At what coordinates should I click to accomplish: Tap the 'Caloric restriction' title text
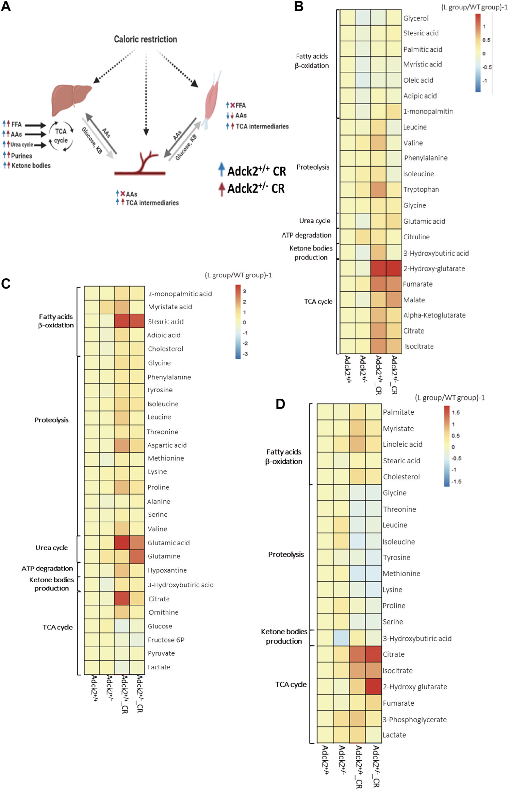[145, 39]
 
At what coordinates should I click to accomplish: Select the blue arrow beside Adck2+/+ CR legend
[221, 170]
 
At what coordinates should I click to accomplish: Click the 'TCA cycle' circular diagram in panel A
[61, 136]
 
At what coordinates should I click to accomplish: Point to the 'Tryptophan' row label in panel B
[421, 190]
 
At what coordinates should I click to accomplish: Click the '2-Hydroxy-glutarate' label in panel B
[434, 269]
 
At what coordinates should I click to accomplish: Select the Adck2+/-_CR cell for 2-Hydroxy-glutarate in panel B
[394, 268]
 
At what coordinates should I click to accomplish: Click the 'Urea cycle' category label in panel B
[315, 221]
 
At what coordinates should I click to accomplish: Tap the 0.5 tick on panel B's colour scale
[486, 40]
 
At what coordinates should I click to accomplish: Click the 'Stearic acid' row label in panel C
[166, 321]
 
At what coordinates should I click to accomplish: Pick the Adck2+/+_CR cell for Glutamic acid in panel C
[122, 543]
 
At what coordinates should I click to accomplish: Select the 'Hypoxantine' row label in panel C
[167, 570]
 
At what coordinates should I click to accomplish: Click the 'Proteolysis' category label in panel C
[51, 420]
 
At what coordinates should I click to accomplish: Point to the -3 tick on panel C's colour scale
[245, 354]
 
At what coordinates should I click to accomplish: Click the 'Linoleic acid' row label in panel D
[402, 445]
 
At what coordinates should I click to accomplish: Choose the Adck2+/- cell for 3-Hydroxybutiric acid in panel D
[341, 638]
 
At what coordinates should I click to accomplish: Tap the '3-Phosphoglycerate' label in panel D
[414, 720]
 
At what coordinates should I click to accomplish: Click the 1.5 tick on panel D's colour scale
[456, 413]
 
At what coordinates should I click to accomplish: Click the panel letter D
[280, 404]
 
